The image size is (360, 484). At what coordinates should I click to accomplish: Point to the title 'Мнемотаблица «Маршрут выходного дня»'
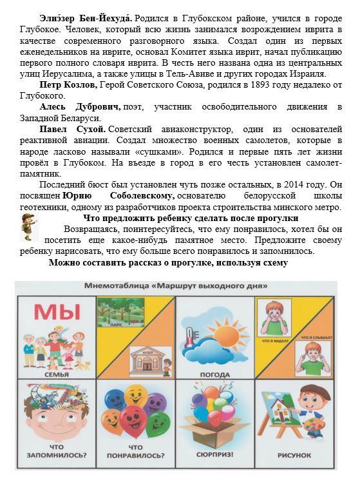(180, 285)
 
